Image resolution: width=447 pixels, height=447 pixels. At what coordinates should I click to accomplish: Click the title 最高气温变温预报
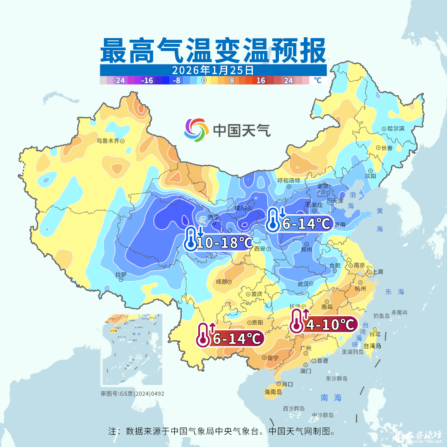pyautogui.click(x=214, y=50)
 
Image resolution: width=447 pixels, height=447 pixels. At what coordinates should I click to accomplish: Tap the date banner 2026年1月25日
pyautogui.click(x=213, y=70)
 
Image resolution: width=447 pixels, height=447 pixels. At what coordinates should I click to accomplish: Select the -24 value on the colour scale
pyautogui.click(x=119, y=81)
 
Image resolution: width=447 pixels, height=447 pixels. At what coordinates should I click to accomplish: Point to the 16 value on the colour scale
pyautogui.click(x=260, y=81)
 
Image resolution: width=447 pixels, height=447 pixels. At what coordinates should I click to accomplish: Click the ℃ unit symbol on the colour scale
pyautogui.click(x=317, y=80)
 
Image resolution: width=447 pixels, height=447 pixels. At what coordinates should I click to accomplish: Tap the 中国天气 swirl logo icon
pyautogui.click(x=196, y=130)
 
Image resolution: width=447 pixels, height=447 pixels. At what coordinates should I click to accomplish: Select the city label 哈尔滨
pyautogui.click(x=396, y=129)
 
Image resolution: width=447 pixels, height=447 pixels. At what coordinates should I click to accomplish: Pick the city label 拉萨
pyautogui.click(x=121, y=274)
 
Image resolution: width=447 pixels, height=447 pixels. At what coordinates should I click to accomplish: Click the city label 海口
pyautogui.click(x=287, y=384)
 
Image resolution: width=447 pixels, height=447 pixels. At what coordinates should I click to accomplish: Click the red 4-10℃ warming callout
pyautogui.click(x=330, y=324)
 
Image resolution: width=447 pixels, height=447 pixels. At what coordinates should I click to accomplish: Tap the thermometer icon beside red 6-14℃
pyautogui.click(x=203, y=335)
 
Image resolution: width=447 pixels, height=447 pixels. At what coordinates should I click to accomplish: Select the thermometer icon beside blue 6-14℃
pyautogui.click(x=273, y=220)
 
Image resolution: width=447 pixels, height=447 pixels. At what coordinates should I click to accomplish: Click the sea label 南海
pyautogui.click(x=331, y=398)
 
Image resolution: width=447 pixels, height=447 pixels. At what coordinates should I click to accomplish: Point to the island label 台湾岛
pyautogui.click(x=372, y=346)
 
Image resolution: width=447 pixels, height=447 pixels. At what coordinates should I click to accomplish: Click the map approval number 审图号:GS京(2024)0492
pyautogui.click(x=132, y=394)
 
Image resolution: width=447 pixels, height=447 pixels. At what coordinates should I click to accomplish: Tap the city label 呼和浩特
pyautogui.click(x=291, y=180)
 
